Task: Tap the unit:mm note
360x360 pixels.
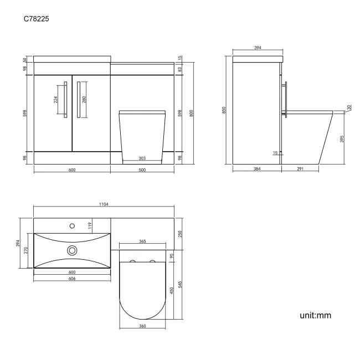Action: coord(315,315)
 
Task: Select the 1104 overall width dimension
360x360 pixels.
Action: coord(104,204)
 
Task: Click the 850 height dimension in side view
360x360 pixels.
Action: coord(224,110)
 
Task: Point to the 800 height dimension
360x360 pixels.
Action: coord(191,113)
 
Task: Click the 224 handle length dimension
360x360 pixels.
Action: coord(55,100)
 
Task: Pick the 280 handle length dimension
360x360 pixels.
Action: coord(85,100)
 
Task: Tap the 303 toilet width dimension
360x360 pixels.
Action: coord(142,158)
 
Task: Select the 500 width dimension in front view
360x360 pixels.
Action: coord(142,170)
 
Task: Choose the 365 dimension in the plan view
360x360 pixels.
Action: coord(142,242)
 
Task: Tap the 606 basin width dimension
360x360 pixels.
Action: coord(72,279)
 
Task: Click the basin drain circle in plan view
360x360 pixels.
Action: coord(72,250)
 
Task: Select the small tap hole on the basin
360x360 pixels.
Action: coord(71,225)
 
